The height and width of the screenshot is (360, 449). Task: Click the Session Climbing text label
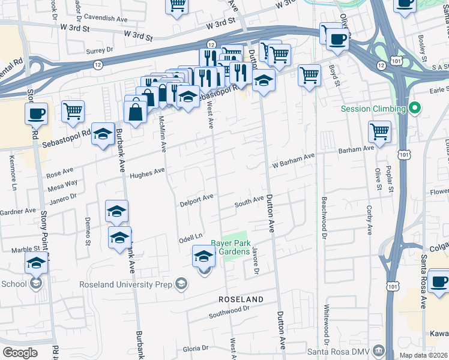(373, 109)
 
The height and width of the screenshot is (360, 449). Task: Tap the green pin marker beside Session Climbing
(414, 109)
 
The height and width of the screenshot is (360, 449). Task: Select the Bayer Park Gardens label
(230, 247)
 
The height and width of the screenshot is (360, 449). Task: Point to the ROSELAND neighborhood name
(241, 299)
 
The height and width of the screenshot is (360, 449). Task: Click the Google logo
(20, 352)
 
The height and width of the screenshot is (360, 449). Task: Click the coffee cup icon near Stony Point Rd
(36, 113)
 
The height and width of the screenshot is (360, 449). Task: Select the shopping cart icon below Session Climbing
(379, 131)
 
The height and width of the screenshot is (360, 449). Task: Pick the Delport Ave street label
(197, 199)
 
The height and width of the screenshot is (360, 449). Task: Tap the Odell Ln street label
(191, 238)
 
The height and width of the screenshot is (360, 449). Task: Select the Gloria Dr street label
(195, 347)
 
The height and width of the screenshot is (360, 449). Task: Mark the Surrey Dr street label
(100, 52)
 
